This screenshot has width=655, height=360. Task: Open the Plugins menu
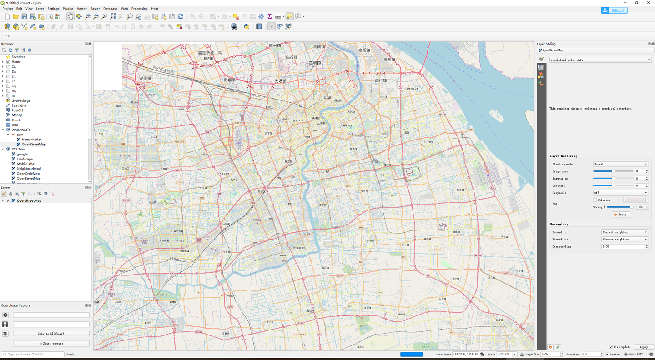click(68, 9)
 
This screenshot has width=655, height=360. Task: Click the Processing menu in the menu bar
click(139, 9)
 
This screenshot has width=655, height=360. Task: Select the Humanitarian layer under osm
click(32, 140)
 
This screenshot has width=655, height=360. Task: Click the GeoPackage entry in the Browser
click(21, 100)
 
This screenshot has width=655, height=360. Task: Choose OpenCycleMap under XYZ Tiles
click(28, 174)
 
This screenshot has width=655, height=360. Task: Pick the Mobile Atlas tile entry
click(26, 164)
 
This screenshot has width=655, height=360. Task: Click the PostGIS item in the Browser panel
click(17, 110)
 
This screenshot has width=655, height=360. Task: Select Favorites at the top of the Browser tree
click(18, 57)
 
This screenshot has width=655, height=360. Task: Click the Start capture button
click(51, 344)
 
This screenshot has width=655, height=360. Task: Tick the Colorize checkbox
click(595, 200)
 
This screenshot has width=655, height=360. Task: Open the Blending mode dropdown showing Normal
click(620, 164)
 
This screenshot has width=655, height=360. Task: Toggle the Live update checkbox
click(611, 347)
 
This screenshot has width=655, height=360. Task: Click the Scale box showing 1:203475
click(504, 355)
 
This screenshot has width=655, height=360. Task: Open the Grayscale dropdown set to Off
click(620, 193)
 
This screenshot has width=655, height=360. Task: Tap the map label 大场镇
click(280, 81)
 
